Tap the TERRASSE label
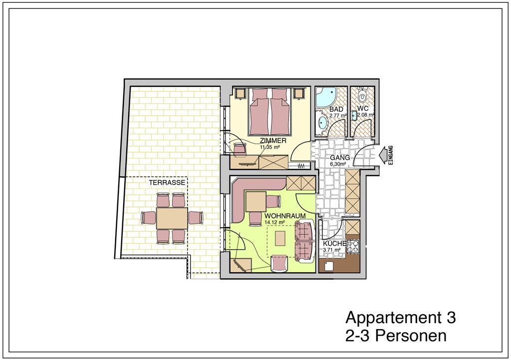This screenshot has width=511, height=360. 167,182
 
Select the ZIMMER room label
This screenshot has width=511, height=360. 273,141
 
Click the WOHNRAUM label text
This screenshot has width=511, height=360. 285,216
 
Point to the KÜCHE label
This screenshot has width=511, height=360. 334,244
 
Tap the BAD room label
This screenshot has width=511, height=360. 336,109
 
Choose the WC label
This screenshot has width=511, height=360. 363,108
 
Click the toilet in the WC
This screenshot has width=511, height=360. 362,95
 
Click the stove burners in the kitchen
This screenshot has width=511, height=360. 353,246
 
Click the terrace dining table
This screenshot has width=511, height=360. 172,218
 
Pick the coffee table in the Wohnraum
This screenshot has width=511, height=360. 280,238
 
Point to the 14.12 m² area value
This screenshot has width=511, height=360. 275,222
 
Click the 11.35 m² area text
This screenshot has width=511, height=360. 270,147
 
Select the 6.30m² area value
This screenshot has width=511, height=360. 338,164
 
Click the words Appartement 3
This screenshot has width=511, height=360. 401,317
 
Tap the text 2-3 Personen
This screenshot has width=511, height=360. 396,336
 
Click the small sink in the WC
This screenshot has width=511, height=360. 354,115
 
